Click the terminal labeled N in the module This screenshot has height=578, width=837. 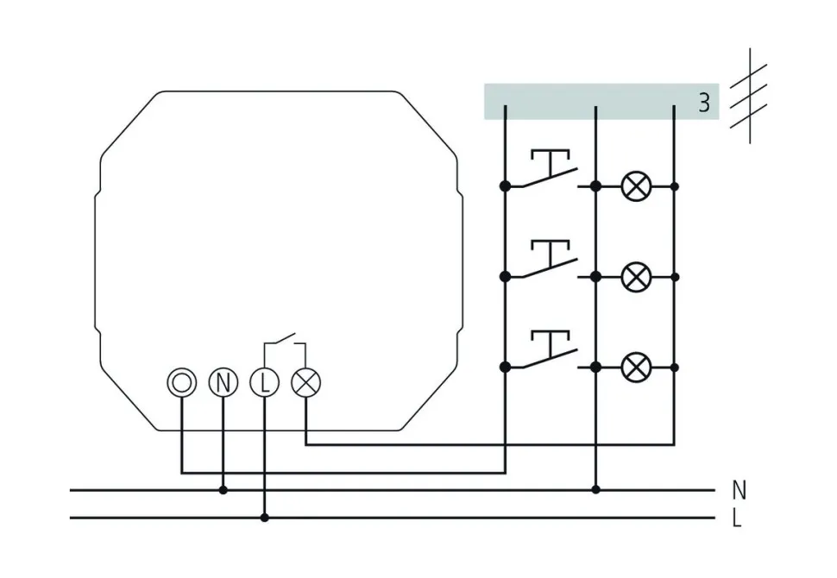[223, 382]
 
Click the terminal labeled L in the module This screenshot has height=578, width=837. [264, 382]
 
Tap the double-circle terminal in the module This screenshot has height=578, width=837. [182, 382]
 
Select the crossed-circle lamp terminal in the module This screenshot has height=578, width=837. [305, 382]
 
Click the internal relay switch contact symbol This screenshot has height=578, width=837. [284, 341]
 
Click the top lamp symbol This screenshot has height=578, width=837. [636, 185]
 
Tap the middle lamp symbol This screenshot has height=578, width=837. [636, 276]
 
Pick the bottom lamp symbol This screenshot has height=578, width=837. [636, 367]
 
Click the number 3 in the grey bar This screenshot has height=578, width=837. [704, 103]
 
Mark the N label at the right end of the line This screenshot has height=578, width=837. [739, 491]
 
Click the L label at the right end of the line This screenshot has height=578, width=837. [737, 518]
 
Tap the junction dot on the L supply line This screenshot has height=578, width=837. [264, 518]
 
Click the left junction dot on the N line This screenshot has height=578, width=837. [223, 490]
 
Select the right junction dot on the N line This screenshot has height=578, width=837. [595, 490]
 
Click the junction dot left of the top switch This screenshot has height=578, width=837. [506, 185]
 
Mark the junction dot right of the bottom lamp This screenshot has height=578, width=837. [675, 367]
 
